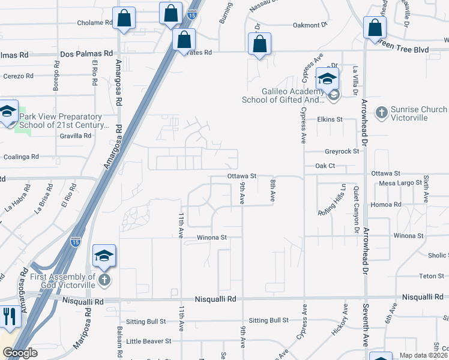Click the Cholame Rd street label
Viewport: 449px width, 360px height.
(95, 23)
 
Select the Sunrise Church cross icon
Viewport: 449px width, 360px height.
(381, 112)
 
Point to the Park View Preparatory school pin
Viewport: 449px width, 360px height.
(7, 112)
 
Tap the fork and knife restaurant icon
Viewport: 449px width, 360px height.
(8, 316)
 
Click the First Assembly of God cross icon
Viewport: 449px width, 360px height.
(104, 280)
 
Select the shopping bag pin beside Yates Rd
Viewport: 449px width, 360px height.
(184, 40)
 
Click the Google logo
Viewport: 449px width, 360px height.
(20, 353)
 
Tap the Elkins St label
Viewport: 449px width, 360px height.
(330, 119)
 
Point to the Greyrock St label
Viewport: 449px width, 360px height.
(342, 152)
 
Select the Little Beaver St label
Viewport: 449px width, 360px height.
(148, 341)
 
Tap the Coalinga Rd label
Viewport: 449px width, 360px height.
(20, 157)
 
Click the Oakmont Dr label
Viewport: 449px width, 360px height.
(310, 25)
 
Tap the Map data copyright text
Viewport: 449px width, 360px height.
(424, 355)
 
